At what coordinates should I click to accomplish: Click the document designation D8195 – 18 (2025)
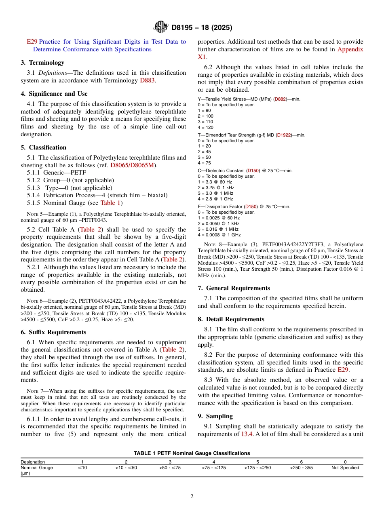pyautogui.click(x=202, y=28)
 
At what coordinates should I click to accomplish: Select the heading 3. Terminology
pyautogui.click(x=42, y=63)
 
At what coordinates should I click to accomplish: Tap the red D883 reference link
pyautogui.click(x=147, y=80)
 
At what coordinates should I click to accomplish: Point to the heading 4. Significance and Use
pyautogui.click(x=54, y=94)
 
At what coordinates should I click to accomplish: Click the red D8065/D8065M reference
pyautogui.click(x=132, y=165)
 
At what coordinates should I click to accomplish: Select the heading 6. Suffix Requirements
pyautogui.click(x=53, y=332)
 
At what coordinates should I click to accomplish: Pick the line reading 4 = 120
pyautogui.click(x=205, y=127)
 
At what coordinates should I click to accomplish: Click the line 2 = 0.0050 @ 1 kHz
pyautogui.click(x=218, y=223)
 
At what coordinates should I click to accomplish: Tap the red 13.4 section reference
pyautogui.click(x=247, y=434)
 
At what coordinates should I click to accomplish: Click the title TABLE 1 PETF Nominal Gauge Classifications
pyautogui.click(x=192, y=453)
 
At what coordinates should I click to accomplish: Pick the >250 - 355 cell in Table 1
pyautogui.click(x=301, y=468)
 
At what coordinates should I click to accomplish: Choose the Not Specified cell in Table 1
pyautogui.click(x=345, y=468)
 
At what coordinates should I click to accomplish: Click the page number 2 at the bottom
pyautogui.click(x=192, y=497)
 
